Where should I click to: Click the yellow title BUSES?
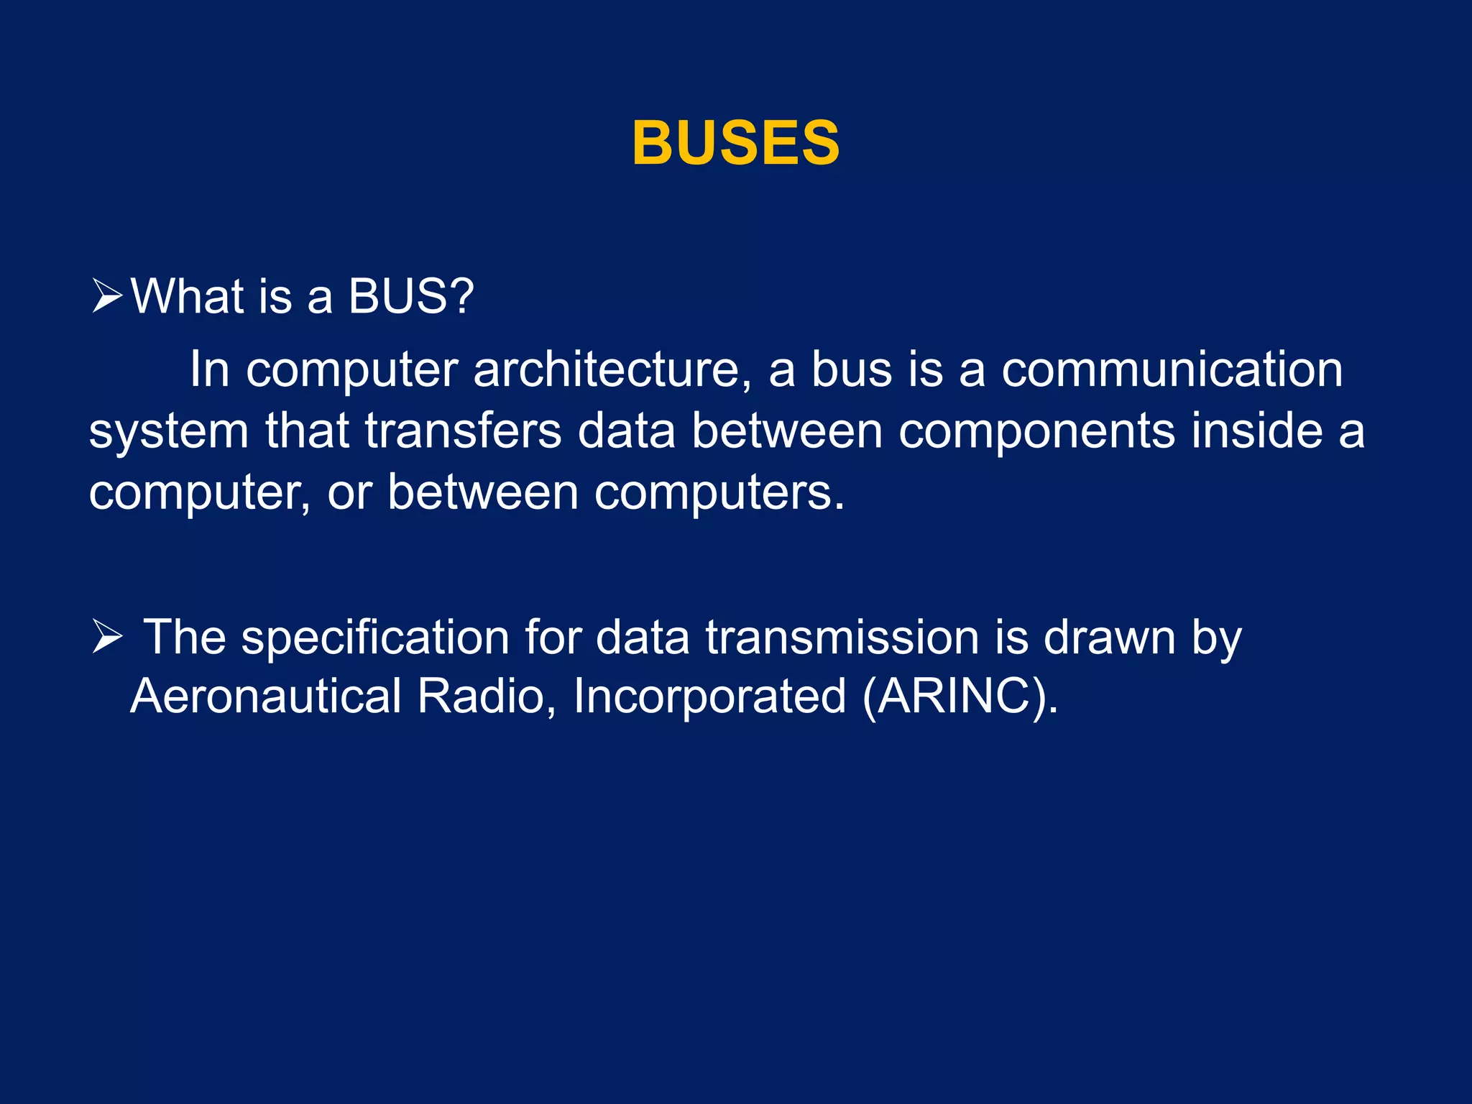tap(735, 143)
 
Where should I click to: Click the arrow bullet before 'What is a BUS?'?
tap(108, 297)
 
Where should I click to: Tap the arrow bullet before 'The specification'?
tap(108, 638)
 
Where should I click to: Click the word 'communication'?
tap(1172, 371)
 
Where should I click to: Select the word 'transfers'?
tap(463, 431)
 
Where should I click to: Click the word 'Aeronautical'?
tap(265, 696)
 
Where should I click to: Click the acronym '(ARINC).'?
tap(960, 697)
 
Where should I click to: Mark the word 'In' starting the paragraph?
tap(209, 371)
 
